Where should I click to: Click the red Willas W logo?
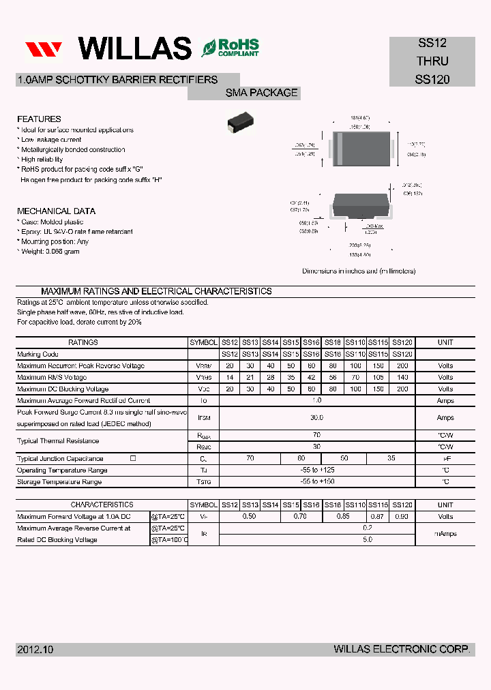tap(44, 49)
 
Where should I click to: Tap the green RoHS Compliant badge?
tap(230, 48)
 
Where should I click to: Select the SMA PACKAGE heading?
tap(262, 93)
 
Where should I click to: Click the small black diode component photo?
tap(241, 122)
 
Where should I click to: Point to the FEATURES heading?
tap(39, 119)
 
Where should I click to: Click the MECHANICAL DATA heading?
tap(56, 211)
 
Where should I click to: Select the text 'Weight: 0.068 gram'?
tap(50, 252)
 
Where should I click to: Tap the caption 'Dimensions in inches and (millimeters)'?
tap(359, 271)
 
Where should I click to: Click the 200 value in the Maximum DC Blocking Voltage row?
tap(402, 389)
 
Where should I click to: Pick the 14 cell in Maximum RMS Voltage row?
tap(230, 377)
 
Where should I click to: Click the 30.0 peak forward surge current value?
tap(316, 417)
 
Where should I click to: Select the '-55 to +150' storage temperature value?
tap(316, 482)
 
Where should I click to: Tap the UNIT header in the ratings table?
tap(445, 342)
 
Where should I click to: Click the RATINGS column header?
tap(83, 342)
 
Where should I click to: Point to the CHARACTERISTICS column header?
tap(102, 505)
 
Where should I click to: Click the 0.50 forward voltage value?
tap(250, 517)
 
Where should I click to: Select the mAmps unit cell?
tap(445, 534)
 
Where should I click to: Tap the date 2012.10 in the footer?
tap(34, 650)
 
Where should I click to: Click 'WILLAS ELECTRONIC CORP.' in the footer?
tap(402, 650)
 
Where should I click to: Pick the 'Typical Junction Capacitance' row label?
tap(60, 459)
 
